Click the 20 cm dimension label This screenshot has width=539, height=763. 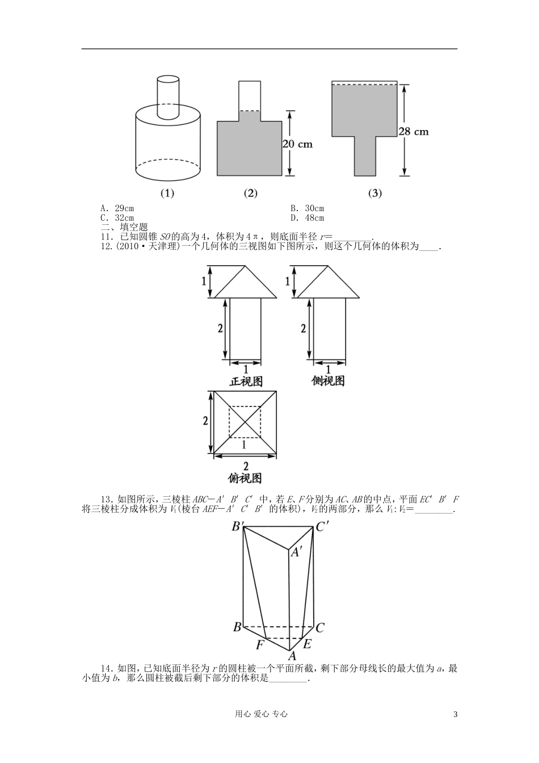(298, 144)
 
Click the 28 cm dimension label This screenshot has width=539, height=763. (413, 131)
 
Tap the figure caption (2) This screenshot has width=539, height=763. (250, 193)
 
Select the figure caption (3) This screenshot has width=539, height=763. (375, 193)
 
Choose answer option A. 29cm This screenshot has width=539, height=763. (117, 209)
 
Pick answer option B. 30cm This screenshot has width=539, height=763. (307, 209)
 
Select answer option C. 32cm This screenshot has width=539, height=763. (117, 217)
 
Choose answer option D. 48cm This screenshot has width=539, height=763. (307, 217)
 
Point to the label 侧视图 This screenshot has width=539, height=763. (328, 381)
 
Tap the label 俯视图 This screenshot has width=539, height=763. (245, 478)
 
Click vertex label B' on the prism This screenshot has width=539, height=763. (238, 527)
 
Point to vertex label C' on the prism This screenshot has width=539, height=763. (323, 527)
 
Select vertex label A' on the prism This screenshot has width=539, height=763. (296, 552)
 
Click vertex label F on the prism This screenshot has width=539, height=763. (260, 645)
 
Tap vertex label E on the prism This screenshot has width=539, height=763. (307, 644)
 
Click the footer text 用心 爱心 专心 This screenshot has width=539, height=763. (269, 714)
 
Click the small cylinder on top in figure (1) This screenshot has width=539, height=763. (168, 98)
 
